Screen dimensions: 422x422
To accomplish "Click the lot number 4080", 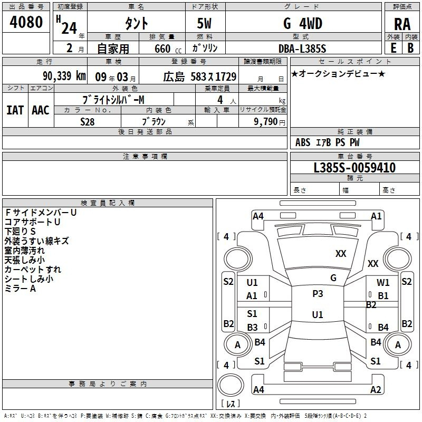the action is coord(26,22).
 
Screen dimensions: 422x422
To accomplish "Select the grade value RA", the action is coord(402,24).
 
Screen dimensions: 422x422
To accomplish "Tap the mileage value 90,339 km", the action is coord(64,76).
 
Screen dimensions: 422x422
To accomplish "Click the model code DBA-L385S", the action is coord(302,49).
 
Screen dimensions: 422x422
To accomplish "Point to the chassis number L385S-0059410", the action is coord(354,168).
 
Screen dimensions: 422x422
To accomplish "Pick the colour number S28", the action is coord(88,122).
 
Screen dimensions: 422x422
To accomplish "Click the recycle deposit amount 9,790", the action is coord(266,121).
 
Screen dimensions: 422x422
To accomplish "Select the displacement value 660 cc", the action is coord(168,49).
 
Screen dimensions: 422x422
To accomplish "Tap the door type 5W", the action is coord(204,23).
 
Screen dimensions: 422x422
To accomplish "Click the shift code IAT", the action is coord(15,110).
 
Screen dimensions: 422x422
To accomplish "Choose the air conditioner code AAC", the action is coord(41,110).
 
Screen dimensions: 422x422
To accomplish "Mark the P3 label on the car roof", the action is coord(318,294).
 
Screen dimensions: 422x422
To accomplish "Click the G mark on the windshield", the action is coord(333,278).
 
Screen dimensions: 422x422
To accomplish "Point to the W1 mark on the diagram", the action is coord(383,282).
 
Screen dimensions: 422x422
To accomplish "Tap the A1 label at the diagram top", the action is coord(376,216).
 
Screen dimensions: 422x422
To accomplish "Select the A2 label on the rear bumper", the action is coord(376,389).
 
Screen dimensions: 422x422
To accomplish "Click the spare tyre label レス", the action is coord(231,403).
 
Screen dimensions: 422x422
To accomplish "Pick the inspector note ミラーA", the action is coord(20,289).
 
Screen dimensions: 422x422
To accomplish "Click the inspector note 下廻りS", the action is coord(20,232).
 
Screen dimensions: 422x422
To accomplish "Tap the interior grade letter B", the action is coord(410,48).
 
